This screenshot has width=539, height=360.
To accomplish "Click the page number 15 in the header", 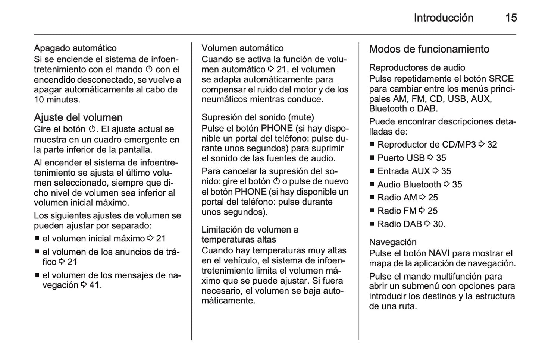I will click(x=511, y=18).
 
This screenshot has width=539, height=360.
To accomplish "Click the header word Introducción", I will click(x=443, y=18).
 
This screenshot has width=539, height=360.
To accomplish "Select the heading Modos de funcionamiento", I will click(x=429, y=49).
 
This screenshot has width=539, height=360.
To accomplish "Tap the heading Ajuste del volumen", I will click(x=78, y=117).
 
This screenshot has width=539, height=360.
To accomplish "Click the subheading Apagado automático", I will click(x=75, y=48).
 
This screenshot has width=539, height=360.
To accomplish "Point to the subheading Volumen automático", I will click(x=242, y=48).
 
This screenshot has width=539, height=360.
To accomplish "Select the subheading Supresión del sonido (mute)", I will click(x=258, y=117).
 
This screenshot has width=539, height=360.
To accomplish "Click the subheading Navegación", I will click(x=392, y=242).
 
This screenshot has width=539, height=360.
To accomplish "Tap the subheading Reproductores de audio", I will click(x=417, y=68).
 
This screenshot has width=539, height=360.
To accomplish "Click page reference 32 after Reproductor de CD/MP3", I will click(x=492, y=145).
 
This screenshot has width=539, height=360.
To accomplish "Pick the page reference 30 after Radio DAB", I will click(x=438, y=224).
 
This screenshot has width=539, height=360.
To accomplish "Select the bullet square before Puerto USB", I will click(x=372, y=158).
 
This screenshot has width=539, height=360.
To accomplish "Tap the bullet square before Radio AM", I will click(x=372, y=198).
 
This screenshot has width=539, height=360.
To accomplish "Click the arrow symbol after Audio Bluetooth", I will click(x=446, y=184).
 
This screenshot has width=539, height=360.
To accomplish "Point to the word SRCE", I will click(x=501, y=79).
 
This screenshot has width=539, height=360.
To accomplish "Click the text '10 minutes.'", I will click(x=57, y=100).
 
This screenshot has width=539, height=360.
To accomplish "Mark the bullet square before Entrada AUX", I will click(x=372, y=171).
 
